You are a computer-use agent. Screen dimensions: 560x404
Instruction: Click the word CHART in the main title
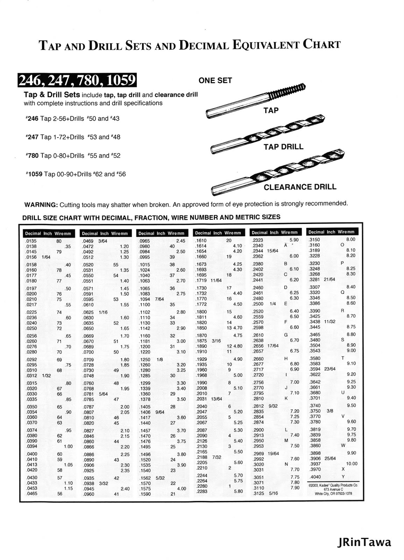click(x=321, y=44)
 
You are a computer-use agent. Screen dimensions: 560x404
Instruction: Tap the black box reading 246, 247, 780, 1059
click(x=77, y=80)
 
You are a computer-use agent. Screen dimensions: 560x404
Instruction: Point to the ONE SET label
click(x=215, y=80)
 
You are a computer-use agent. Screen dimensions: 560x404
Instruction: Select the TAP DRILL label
click(x=283, y=147)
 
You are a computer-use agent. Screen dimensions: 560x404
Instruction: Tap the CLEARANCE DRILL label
click(x=300, y=187)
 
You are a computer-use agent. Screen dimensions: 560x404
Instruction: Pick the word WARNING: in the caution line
click(x=41, y=205)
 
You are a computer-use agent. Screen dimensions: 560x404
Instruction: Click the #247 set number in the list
click(x=32, y=137)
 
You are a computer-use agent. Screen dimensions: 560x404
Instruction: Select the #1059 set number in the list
click(x=34, y=174)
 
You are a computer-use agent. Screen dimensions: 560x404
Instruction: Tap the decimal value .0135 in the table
click(x=31, y=241)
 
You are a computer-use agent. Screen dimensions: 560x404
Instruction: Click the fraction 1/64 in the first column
click(x=46, y=257)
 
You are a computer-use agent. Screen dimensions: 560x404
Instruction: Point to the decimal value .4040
click(x=315, y=477)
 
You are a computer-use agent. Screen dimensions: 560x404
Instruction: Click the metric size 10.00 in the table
click(x=352, y=463)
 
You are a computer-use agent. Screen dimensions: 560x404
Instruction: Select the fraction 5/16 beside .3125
click(x=274, y=493)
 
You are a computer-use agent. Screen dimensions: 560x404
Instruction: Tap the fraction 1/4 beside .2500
click(x=273, y=303)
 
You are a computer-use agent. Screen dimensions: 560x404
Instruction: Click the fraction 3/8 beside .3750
click(x=329, y=411)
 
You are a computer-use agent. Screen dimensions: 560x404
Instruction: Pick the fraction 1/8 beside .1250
click(x=160, y=359)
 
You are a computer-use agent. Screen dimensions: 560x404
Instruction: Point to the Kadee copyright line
click(x=333, y=485)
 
